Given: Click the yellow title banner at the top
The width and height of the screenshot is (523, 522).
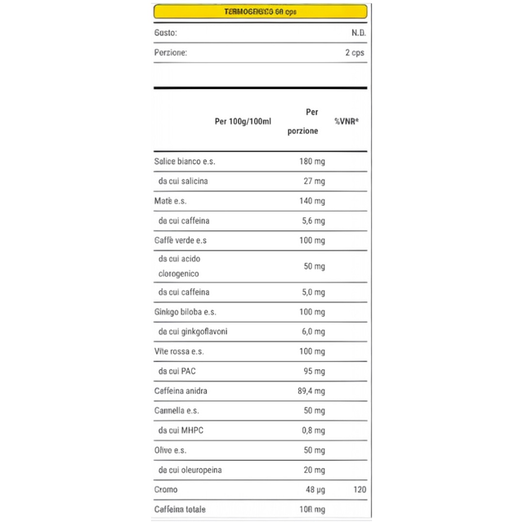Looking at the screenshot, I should coord(260,12).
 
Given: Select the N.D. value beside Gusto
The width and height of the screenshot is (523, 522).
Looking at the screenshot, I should coord(357,33).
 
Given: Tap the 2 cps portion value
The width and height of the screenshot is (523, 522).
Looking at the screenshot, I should coord(355,52).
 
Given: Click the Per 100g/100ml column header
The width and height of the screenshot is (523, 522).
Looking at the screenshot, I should coord(243,122).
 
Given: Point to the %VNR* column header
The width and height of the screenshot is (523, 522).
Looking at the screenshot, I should coord(347,122).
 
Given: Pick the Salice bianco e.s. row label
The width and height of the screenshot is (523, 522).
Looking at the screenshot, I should coord(185,162).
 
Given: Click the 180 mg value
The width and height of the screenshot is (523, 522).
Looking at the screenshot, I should coord(311,162).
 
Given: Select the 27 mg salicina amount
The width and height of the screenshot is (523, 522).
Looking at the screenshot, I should coord(314,181).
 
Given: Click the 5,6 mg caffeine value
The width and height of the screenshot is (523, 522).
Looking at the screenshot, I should coord(312,221).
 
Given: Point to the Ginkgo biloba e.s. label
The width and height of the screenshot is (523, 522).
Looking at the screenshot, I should coord(186,312).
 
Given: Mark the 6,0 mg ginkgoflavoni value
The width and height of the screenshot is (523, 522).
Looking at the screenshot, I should coord(312,332).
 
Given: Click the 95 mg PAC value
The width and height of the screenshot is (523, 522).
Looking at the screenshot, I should coord(314,372).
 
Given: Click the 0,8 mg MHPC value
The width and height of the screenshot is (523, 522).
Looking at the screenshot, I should coord(312,431).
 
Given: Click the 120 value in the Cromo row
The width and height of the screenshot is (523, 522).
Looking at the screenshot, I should coord(360,489).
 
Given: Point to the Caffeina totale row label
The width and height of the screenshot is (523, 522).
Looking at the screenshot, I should coord(181,509).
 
